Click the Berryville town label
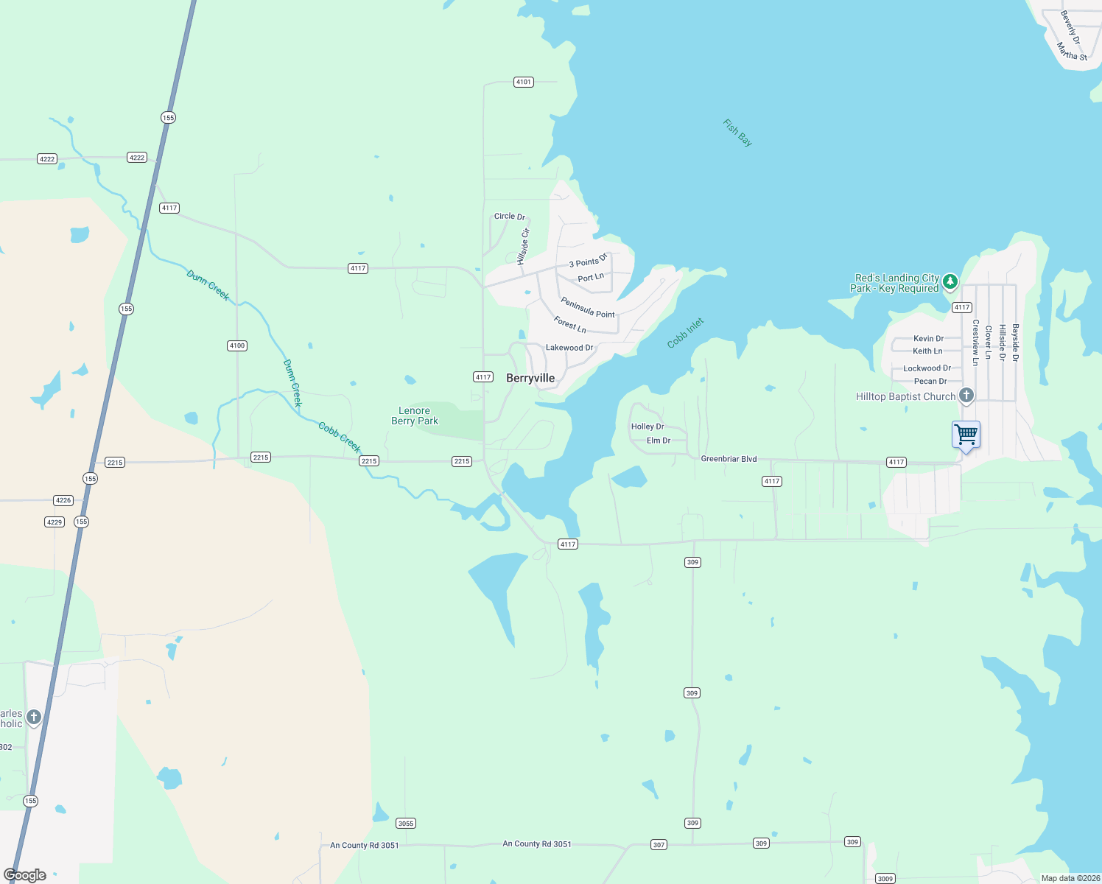tap(530, 378)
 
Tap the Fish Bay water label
tap(737, 133)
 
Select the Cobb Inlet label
tap(686, 333)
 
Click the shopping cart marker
tap(966, 435)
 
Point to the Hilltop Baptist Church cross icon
tap(966, 396)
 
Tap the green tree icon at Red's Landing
tap(950, 281)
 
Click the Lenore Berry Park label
tap(415, 416)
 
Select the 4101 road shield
tap(524, 82)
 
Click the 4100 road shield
tap(237, 345)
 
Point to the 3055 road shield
tap(405, 823)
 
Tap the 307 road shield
tap(659, 844)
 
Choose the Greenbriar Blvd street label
tap(729, 459)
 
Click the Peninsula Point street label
tap(588, 307)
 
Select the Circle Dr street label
tap(510, 217)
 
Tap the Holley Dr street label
tap(647, 427)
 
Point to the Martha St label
tap(1072, 52)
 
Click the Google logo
tap(25, 875)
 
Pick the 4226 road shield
tap(63, 500)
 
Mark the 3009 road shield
tap(885, 878)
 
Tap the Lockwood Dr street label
tap(927, 368)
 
